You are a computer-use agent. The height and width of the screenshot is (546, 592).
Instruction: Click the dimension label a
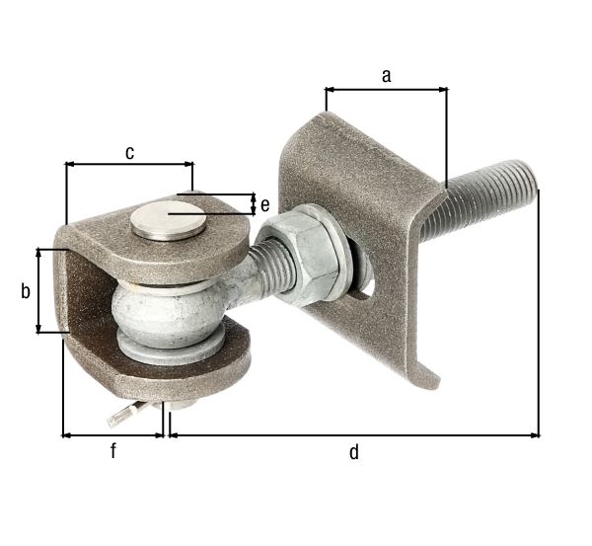pos(386,73)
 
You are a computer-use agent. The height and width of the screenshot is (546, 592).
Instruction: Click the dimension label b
pos(26,291)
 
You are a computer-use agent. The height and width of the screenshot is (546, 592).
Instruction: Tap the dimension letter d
pos(354,452)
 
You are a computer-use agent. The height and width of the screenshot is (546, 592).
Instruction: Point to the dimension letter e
pos(264,204)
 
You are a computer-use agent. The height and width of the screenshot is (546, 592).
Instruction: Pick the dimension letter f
pos(112,451)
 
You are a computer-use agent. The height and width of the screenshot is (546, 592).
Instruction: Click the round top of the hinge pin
pos(169,218)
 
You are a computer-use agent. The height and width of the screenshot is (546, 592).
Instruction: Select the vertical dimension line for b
pos(39,291)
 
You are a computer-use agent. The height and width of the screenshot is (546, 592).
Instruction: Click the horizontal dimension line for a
pos(386,89)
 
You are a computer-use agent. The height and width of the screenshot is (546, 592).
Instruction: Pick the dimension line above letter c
pos(129,164)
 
